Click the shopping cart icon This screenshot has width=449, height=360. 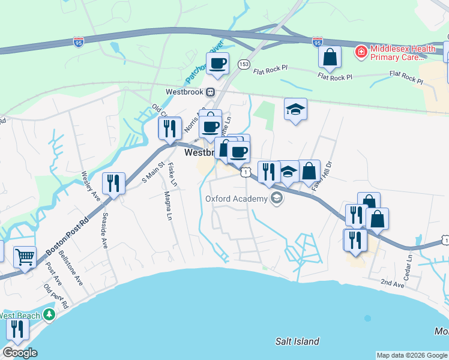pos(25,257)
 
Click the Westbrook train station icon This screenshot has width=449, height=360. pos(211,92)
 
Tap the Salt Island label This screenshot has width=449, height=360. pos(297,341)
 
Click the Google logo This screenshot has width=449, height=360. pos(19,353)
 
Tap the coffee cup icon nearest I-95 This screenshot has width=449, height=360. pos(217,62)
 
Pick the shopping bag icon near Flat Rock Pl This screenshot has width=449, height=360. pos(330,57)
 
